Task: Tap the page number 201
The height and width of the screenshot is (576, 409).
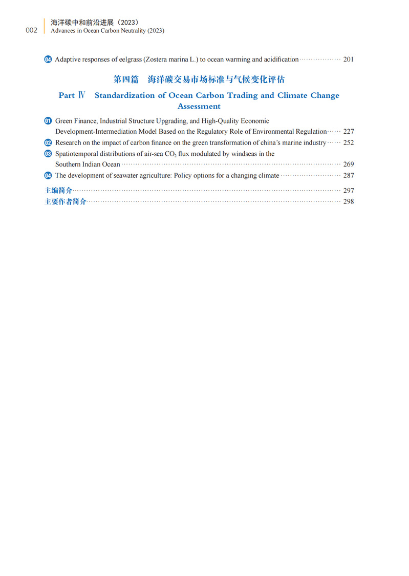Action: [x=348, y=59]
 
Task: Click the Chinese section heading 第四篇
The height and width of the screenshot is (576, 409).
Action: [x=125, y=79]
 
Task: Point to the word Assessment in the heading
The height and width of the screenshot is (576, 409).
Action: [x=199, y=106]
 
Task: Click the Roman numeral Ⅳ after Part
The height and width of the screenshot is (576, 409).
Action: [x=81, y=95]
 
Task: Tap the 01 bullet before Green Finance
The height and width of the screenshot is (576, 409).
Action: [x=48, y=121]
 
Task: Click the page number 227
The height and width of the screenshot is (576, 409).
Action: [x=348, y=132]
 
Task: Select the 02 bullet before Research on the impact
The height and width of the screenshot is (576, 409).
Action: [x=48, y=142]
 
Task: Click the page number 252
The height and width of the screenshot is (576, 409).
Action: [x=348, y=142]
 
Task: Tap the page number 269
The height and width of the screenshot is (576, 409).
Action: [x=348, y=164]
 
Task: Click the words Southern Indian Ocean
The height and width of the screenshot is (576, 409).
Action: [x=88, y=164]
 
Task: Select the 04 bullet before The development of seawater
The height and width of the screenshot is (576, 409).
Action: [x=48, y=175]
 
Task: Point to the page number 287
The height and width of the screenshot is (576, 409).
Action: [x=348, y=175]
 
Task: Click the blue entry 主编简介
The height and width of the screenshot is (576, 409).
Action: [x=58, y=190]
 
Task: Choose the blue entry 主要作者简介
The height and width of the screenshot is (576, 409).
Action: [x=66, y=201]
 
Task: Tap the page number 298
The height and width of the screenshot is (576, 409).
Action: [x=348, y=201]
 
